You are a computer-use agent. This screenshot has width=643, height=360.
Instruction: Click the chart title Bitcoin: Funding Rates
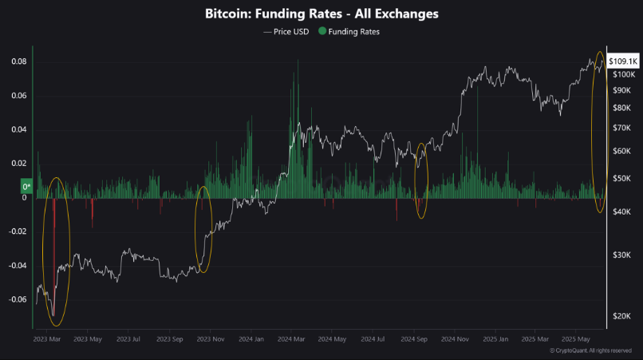(321, 14)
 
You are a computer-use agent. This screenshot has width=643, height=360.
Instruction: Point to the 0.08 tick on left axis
(18, 61)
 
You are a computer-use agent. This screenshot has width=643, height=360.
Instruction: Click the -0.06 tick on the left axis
(17, 299)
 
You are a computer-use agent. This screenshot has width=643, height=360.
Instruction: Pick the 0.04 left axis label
(18, 129)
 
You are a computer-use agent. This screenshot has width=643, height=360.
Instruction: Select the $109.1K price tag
(622, 61)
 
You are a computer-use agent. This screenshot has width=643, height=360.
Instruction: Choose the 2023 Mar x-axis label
(48, 339)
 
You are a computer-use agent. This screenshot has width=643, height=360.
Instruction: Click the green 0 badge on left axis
(26, 188)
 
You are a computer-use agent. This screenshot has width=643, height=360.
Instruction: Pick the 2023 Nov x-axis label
(209, 339)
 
